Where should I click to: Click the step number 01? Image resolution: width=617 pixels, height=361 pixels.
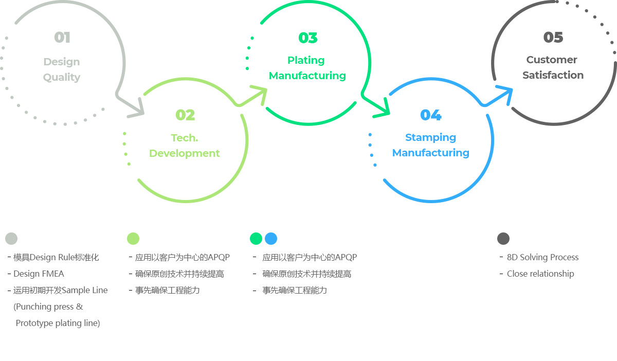pos(62,38)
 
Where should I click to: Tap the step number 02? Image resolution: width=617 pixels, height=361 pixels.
pos(185,115)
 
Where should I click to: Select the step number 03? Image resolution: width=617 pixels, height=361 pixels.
pos(308,38)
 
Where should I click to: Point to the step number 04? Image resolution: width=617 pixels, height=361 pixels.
pos(431,115)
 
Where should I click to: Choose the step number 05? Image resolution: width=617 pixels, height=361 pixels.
pos(553,37)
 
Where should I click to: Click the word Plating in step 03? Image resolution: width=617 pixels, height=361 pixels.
pos(306,60)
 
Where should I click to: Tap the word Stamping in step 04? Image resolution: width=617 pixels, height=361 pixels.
pos(430,137)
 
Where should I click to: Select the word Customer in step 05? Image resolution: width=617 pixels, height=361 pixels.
pos(552,60)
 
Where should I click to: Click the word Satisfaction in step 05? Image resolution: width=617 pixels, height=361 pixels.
pos(553,75)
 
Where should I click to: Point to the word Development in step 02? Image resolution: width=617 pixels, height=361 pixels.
pos(185,153)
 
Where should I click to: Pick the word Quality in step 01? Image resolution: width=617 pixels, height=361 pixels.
pos(62,78)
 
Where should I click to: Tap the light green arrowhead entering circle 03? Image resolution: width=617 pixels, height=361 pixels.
pos(260,94)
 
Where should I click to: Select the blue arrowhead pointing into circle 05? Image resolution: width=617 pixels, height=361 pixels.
pos(506,94)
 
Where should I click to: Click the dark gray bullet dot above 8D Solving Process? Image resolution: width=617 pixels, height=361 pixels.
pos(503,239)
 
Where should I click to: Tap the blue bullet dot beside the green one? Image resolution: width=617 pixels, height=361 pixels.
pos(271,239)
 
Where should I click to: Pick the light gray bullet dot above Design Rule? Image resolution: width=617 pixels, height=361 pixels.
pos(11,239)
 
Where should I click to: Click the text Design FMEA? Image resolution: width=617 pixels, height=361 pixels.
pos(39,274)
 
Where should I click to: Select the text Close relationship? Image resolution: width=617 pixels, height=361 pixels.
pos(540,274)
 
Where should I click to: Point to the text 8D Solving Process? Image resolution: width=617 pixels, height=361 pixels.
pos(542,257)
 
